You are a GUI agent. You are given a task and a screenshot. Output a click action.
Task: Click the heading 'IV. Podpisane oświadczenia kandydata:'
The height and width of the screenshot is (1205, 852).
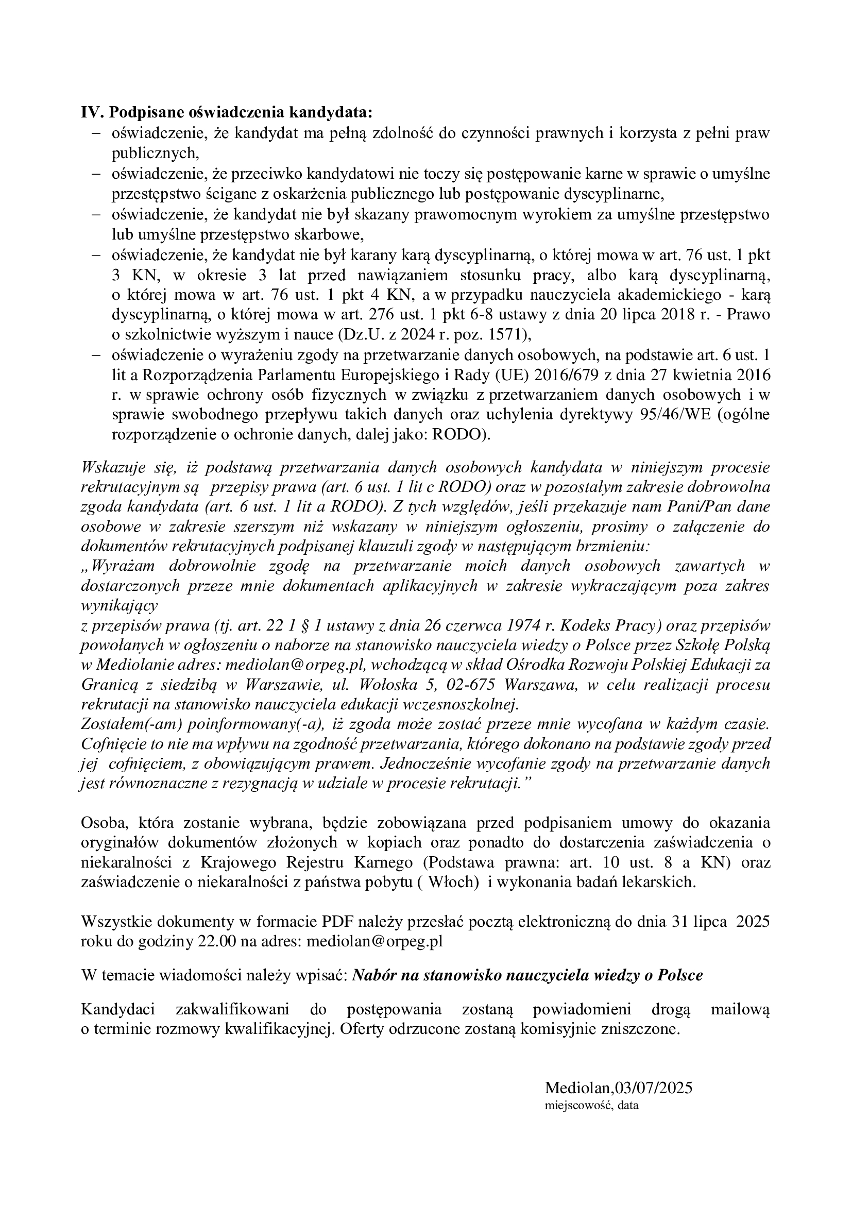click(x=226, y=113)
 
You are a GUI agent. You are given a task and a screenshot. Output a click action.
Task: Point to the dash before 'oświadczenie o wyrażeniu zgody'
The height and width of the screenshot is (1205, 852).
click(x=96, y=355)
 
